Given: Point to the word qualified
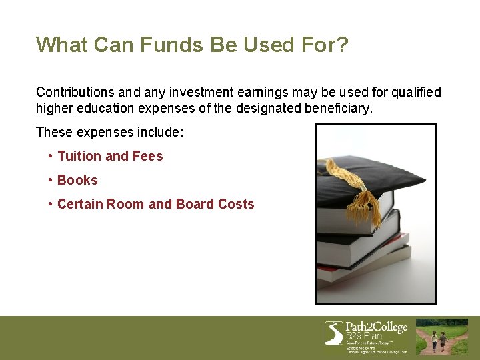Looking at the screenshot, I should [x=415, y=92].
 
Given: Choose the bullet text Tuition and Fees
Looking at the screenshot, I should [x=110, y=156].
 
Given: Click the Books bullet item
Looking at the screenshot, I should [x=77, y=180].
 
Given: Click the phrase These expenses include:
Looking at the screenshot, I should [x=109, y=132].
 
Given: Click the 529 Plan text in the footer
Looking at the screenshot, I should [x=364, y=336].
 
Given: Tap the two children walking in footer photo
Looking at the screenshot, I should [x=438, y=341].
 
